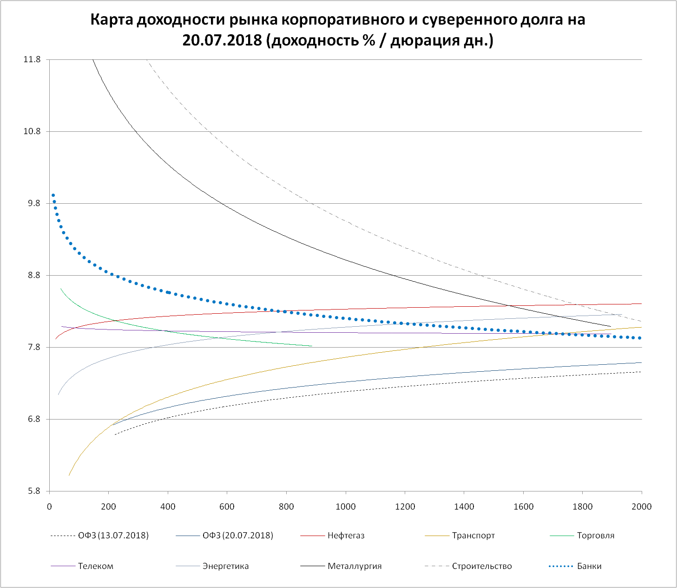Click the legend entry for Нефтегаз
pos(346,536)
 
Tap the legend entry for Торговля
pos(595,536)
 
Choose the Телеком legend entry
pos(95,566)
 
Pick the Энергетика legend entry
pos(225,566)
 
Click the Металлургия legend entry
pos(354,566)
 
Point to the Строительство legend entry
pos(481,566)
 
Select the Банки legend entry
pos(589,566)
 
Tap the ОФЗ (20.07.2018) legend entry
pos(237,536)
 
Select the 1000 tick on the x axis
pos(346,506)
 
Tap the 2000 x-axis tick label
pos(642,506)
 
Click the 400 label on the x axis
pos(168,506)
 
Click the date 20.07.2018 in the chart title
pos(222,41)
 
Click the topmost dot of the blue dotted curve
pos(53,195)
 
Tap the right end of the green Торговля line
pos(311,346)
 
